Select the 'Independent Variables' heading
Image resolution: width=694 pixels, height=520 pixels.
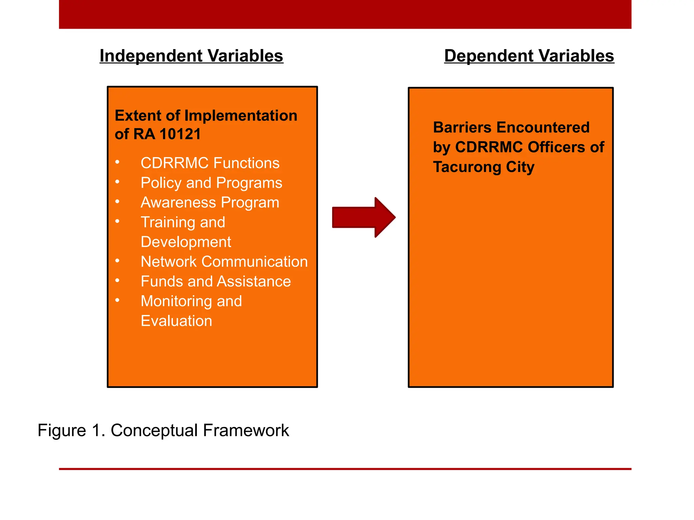191,56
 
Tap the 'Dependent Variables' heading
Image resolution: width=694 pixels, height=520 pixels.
529,56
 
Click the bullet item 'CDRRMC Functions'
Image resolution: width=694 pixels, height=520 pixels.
210,163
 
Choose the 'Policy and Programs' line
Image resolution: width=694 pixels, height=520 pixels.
211,183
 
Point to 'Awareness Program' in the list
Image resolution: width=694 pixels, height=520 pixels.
210,202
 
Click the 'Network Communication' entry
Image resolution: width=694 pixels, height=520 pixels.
224,262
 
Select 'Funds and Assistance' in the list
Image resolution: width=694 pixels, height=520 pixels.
216,281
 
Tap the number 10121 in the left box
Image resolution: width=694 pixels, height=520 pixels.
180,134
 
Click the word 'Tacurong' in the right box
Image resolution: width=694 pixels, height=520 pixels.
467,167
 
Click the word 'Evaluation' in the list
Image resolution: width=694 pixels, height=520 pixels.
176,321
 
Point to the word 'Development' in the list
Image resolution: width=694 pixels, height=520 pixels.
186,242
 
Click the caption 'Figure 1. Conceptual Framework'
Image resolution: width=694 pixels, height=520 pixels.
163,431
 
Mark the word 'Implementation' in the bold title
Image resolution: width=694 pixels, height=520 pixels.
241,116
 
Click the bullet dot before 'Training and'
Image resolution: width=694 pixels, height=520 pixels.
117,221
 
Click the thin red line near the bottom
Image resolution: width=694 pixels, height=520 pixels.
345,469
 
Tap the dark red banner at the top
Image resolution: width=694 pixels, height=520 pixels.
345,14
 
